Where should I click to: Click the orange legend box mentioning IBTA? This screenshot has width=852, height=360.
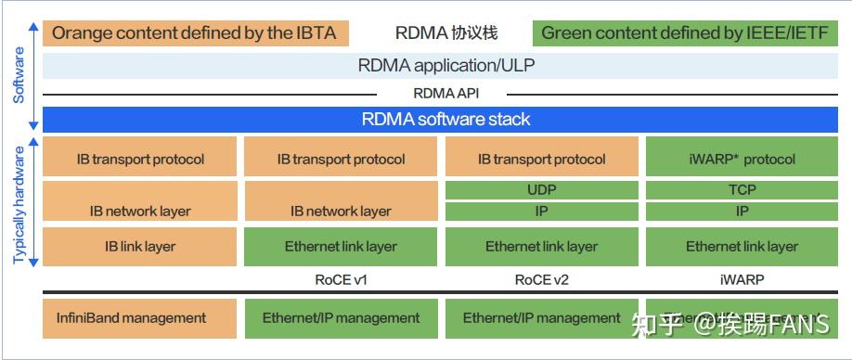click(x=196, y=33)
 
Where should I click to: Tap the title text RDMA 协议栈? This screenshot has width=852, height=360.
click(x=445, y=33)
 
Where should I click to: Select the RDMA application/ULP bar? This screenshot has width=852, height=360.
click(x=445, y=66)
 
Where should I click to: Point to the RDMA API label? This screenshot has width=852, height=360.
click(x=445, y=93)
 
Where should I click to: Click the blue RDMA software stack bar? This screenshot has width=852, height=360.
click(x=445, y=120)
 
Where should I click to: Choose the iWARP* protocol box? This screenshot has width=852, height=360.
click(x=742, y=158)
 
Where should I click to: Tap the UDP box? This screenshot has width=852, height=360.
click(x=542, y=190)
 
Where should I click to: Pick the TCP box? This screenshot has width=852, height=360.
click(x=742, y=190)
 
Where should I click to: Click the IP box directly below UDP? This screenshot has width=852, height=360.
click(x=542, y=211)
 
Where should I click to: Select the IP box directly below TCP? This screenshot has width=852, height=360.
click(x=742, y=211)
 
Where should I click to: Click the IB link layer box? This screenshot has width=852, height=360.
click(x=140, y=246)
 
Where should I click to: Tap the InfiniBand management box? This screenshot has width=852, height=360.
click(x=140, y=317)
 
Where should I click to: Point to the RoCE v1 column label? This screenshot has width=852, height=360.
click(x=341, y=278)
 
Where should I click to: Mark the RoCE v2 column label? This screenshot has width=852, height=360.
click(x=542, y=278)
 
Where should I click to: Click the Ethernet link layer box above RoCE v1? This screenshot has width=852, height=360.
click(x=341, y=246)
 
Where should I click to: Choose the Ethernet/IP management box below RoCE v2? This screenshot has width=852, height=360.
click(x=542, y=317)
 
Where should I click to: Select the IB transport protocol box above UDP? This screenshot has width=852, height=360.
click(x=542, y=158)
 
